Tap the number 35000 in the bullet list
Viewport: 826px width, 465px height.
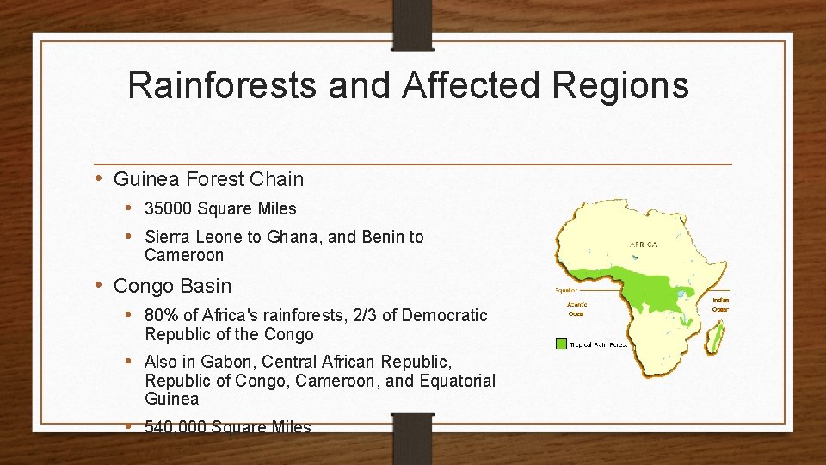tap(169, 208)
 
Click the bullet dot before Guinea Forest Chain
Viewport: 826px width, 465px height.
tap(100, 178)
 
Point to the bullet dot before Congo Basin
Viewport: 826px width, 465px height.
tap(100, 285)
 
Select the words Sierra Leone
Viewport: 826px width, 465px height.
tap(198, 237)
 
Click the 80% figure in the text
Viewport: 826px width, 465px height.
tap(159, 316)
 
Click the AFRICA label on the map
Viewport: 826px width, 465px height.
tap(644, 245)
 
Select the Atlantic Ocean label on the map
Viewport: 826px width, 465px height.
tap(576, 308)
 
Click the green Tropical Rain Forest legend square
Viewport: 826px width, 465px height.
tap(561, 344)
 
